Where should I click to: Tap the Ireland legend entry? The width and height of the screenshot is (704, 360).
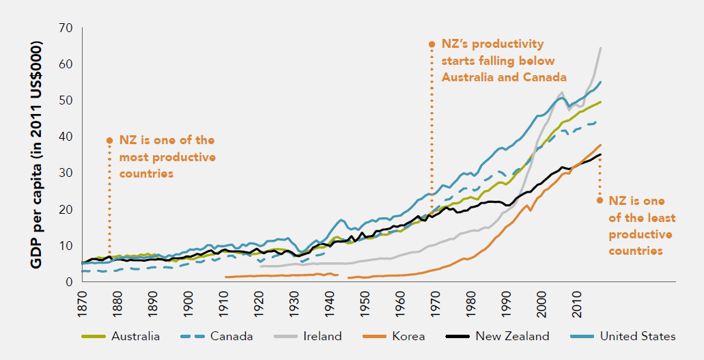pyautogui.click(x=320, y=336)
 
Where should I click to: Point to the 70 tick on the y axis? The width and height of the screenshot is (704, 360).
pyautogui.click(x=67, y=28)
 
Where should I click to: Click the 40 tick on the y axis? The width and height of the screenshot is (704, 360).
pyautogui.click(x=67, y=137)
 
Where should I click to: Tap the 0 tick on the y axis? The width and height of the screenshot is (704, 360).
pyautogui.click(x=70, y=281)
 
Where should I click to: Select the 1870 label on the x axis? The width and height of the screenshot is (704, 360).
pyautogui.click(x=82, y=303)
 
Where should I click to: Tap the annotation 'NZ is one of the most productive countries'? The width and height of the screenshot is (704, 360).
pyautogui.click(x=167, y=156)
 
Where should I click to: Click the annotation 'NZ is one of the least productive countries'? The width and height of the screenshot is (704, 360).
pyautogui.click(x=634, y=225)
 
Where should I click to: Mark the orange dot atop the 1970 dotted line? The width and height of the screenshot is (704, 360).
pyautogui.click(x=432, y=44)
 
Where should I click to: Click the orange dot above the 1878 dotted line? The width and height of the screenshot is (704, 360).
pyautogui.click(x=109, y=140)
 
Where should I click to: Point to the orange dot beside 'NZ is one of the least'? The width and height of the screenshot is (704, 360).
pyautogui.click(x=600, y=200)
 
